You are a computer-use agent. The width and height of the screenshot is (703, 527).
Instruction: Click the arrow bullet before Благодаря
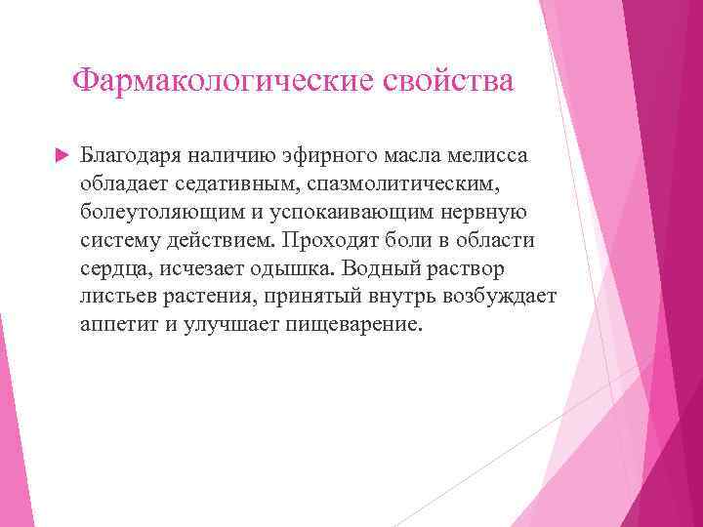(58, 154)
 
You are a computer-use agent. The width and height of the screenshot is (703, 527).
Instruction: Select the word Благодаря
(133, 154)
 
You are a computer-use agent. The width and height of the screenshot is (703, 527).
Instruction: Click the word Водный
(387, 267)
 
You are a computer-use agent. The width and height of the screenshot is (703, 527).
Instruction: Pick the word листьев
(116, 296)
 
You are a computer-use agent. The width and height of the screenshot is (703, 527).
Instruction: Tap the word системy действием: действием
(217, 239)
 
